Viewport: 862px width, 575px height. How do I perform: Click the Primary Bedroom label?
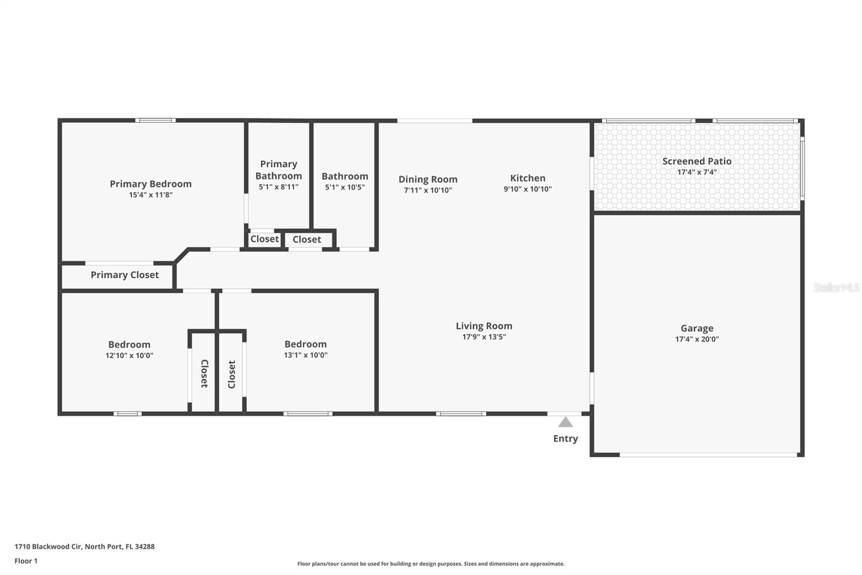point(150,184)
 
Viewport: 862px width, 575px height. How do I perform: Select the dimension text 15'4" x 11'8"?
point(150,195)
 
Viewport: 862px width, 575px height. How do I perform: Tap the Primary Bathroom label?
point(279,170)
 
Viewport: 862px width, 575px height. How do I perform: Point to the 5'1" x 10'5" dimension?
point(345,187)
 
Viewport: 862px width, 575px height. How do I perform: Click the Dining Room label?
point(428,179)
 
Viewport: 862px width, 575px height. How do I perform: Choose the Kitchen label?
point(527,178)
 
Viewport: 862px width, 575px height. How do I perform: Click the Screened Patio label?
point(697,161)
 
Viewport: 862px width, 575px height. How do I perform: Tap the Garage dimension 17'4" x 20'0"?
point(697,339)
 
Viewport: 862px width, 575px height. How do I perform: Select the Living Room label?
point(484,326)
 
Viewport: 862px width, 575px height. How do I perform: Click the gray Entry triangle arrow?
point(565,422)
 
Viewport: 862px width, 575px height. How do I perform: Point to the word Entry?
point(565,439)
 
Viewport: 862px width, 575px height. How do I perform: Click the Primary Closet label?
point(124,275)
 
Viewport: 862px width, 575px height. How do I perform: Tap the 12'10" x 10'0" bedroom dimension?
point(129,355)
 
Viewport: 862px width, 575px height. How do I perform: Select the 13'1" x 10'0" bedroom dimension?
point(305,355)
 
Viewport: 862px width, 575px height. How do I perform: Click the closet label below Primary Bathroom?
point(265,239)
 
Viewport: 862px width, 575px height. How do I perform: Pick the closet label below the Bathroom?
point(307,239)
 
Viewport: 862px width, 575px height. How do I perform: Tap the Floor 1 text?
point(26,561)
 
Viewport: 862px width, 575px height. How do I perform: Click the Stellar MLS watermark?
point(836,287)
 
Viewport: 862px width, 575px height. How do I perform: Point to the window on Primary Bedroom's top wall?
point(155,120)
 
